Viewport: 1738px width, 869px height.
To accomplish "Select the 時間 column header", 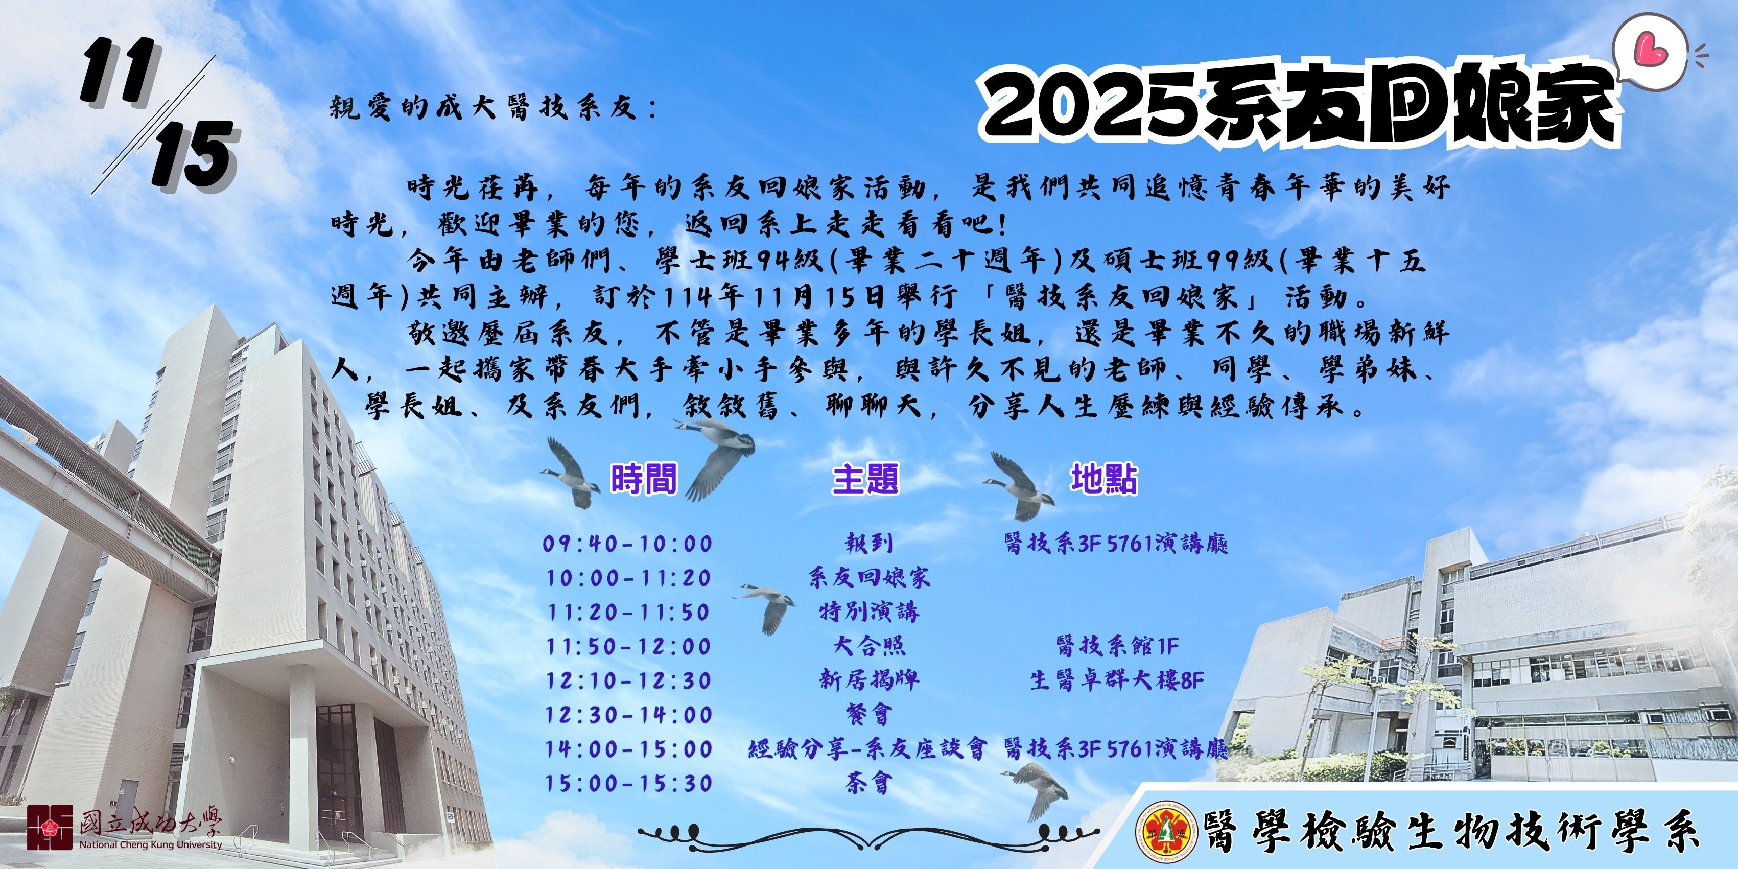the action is (643, 480).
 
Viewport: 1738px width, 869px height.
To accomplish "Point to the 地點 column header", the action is (1104, 479).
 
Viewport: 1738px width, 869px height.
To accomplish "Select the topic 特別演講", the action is (869, 612).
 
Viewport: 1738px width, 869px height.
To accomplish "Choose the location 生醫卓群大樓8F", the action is (1117, 680).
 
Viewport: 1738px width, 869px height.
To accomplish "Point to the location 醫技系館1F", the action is (1117, 646).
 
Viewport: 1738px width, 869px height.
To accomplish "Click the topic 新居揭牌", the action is (869, 680).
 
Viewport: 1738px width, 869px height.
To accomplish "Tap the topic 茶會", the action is (869, 783).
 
